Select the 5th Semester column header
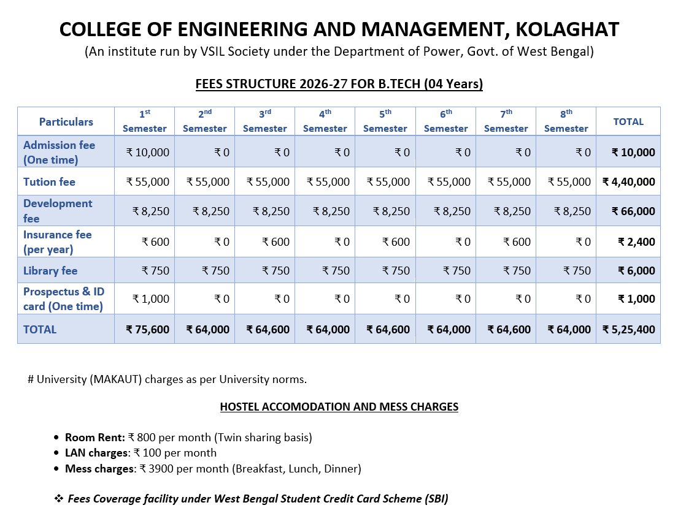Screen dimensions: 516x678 (x=385, y=121)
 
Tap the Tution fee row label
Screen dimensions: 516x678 (x=49, y=182)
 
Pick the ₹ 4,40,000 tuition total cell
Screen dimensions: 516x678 (x=628, y=182)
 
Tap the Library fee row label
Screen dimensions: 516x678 (x=50, y=270)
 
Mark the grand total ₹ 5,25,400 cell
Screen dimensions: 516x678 (x=628, y=330)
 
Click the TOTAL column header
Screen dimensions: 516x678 (x=628, y=121)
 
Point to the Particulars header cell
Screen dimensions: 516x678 (x=66, y=121)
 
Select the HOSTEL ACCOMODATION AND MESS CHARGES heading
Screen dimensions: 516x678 (x=339, y=407)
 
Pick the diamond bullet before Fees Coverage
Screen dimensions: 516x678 (x=59, y=499)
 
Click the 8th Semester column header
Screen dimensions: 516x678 (x=566, y=121)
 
